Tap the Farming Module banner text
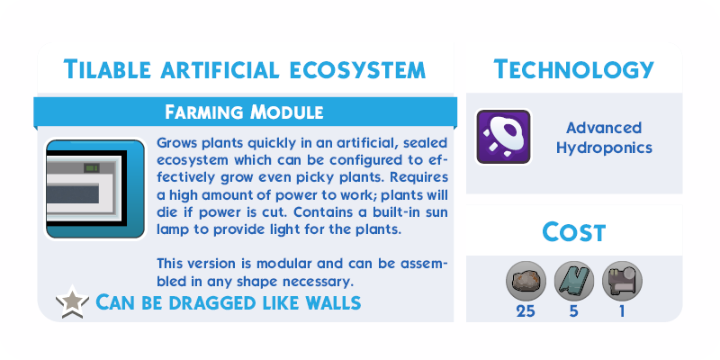tap(244, 112)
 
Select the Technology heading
tap(573, 69)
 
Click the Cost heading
tap(574, 232)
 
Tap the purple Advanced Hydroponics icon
tap(503, 137)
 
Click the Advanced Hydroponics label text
tap(604, 138)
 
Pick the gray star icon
tap(73, 301)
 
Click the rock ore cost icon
tap(526, 281)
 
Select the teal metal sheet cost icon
tap(574, 281)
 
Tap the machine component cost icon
tap(622, 281)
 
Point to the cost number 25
tap(526, 311)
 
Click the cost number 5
tap(574, 311)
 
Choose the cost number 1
tap(622, 311)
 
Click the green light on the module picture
tap(92, 168)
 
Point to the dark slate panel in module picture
tap(73, 193)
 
